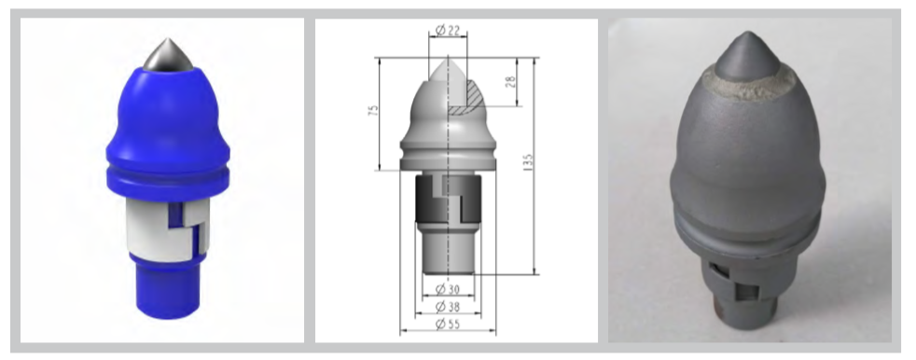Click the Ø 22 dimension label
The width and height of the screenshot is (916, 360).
pyautogui.click(x=448, y=31)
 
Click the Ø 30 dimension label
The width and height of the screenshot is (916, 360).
pyautogui.click(x=448, y=289)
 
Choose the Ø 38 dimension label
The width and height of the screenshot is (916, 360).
pyautogui.click(x=448, y=307)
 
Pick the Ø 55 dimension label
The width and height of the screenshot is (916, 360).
pyautogui.click(x=448, y=324)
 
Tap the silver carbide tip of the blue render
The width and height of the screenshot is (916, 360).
pyautogui.click(x=165, y=56)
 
